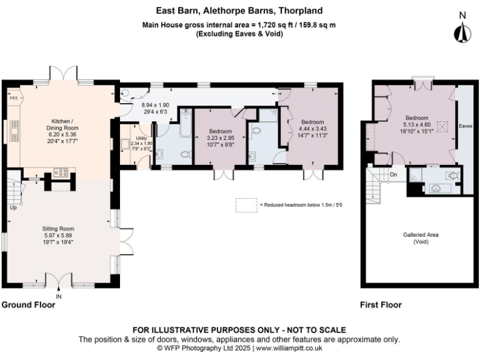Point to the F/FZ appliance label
(12, 99)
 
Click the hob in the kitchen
(62, 171)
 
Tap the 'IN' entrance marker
(59, 296)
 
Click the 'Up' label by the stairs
(12, 207)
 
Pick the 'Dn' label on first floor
(393, 175)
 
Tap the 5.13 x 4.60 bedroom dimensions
(416, 124)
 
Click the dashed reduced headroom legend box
(246, 205)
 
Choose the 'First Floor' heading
(381, 305)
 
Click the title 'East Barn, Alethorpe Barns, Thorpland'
(240, 11)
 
